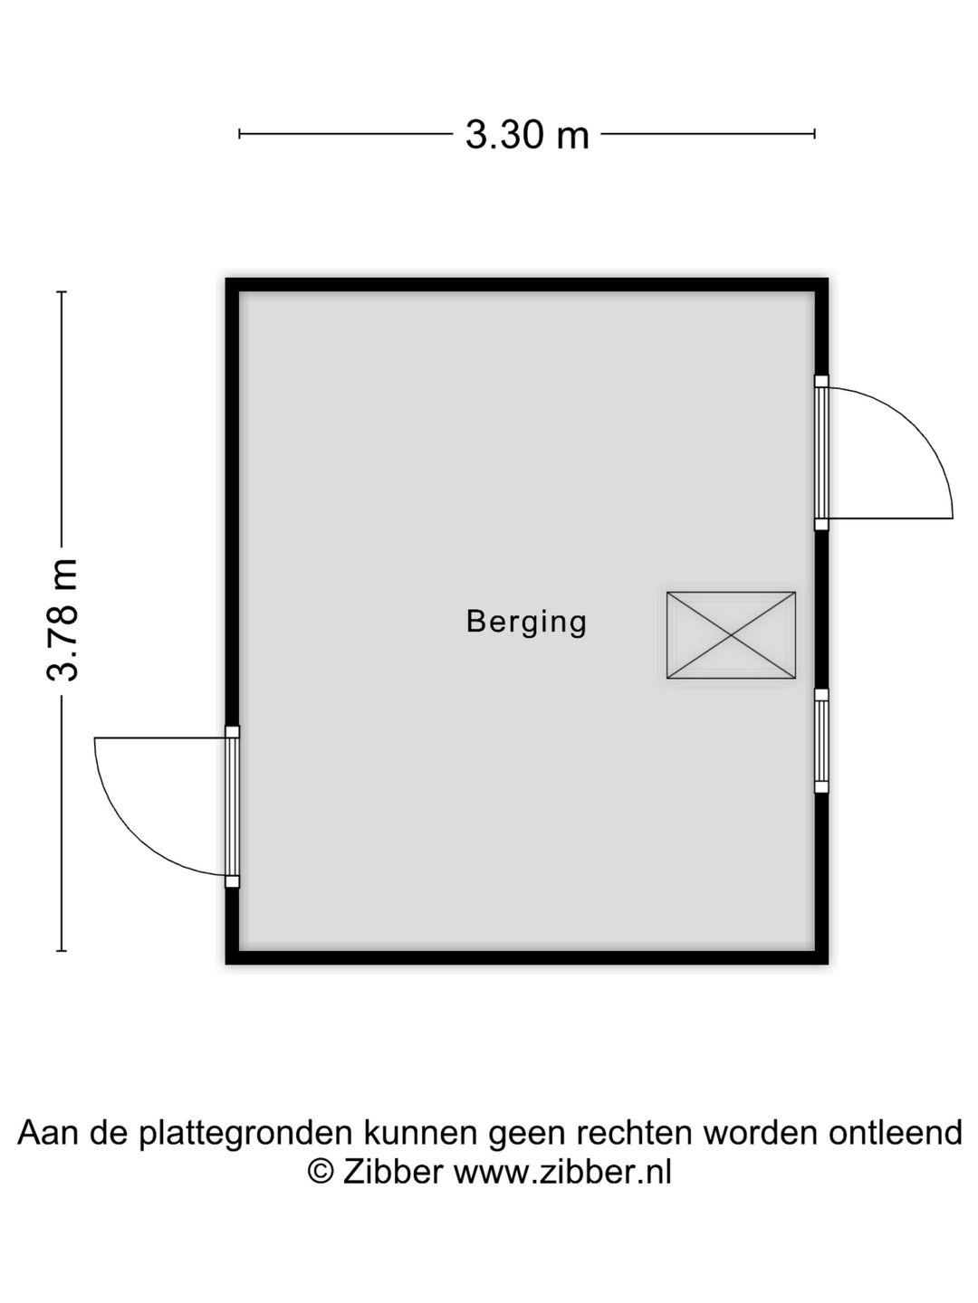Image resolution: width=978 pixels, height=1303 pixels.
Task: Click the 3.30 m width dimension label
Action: [x=527, y=135]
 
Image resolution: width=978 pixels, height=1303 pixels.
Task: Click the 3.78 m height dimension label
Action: [x=62, y=620]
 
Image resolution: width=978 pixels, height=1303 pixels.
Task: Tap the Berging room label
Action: [x=526, y=623]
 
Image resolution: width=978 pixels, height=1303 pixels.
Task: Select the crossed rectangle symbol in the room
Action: [x=731, y=634]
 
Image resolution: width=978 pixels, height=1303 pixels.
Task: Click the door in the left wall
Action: [x=232, y=807]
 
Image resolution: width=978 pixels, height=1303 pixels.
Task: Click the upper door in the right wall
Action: [x=821, y=452]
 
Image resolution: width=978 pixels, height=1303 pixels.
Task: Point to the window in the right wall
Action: [x=821, y=740]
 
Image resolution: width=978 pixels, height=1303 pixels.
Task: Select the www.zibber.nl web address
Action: [x=562, y=1172]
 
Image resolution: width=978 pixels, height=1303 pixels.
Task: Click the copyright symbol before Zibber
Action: [x=321, y=1173]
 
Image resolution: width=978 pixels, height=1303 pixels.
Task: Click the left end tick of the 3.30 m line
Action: [x=239, y=134]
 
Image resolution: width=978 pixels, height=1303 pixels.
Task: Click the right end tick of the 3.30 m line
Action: [x=814, y=134]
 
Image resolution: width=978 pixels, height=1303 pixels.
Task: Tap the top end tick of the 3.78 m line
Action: [x=62, y=292]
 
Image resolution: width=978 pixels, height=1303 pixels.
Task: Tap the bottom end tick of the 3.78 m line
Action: [x=62, y=950]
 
